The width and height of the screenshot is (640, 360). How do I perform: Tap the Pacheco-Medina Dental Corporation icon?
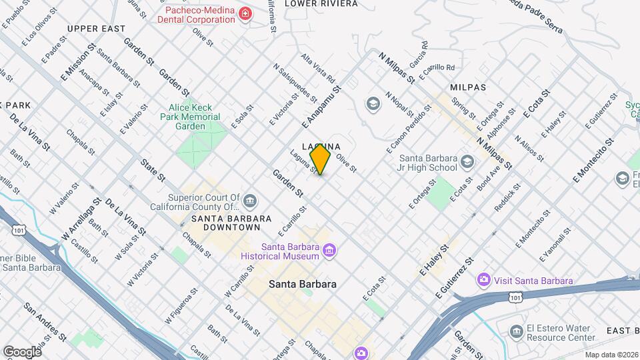click(245, 13)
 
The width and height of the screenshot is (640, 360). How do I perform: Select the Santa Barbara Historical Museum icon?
click(328, 251)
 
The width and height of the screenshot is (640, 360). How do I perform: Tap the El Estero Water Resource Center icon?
click(515, 332)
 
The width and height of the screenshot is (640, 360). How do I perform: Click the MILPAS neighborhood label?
click(468, 87)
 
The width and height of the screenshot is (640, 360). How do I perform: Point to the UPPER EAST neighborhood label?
click(96, 29)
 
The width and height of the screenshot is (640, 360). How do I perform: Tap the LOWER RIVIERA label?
click(321, 3)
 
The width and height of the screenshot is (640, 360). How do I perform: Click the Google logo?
click(22, 351)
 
